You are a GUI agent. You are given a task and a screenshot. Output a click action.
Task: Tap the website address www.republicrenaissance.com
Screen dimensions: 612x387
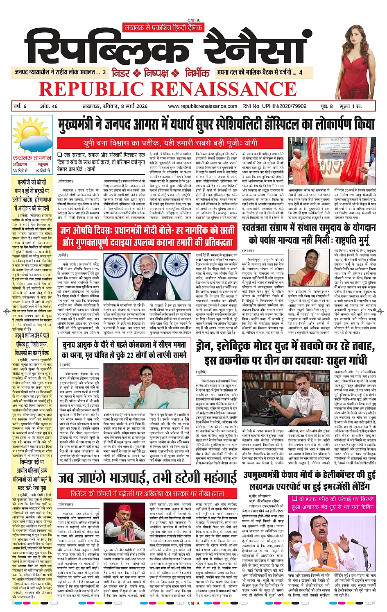pos(203,106)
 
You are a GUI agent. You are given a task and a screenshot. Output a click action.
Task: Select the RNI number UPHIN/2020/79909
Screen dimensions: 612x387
pos(274,106)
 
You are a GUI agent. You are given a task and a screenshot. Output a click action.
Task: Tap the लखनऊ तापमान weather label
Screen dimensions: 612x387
pos(32,158)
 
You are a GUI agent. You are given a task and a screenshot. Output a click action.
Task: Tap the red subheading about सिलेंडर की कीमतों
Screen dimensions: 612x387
pos(147,494)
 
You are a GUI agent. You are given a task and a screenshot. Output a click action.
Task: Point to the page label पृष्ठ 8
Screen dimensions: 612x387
pos(326,106)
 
